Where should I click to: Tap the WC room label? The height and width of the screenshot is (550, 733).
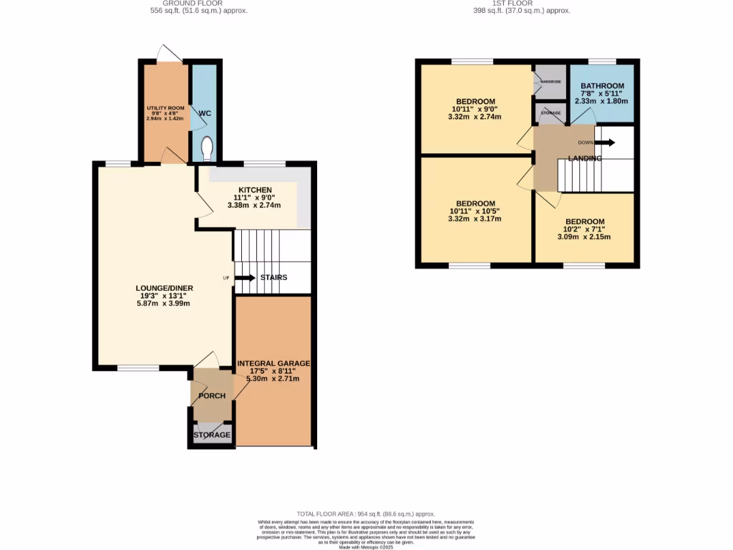click(205, 114)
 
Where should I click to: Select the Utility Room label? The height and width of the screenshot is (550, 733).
click(165, 108)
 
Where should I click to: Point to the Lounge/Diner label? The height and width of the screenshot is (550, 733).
click(165, 289)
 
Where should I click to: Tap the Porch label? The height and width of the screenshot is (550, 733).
click(212, 396)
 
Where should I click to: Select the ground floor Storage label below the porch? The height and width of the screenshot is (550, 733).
click(212, 435)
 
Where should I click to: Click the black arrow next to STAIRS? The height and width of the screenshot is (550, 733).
click(246, 278)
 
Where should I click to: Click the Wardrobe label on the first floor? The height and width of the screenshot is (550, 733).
click(550, 82)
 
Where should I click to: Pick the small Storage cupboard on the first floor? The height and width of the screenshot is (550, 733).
click(550, 113)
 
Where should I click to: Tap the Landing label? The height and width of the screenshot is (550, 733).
click(585, 158)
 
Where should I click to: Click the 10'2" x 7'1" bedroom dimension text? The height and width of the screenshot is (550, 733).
click(584, 231)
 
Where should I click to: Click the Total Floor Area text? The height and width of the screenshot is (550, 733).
click(366, 514)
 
